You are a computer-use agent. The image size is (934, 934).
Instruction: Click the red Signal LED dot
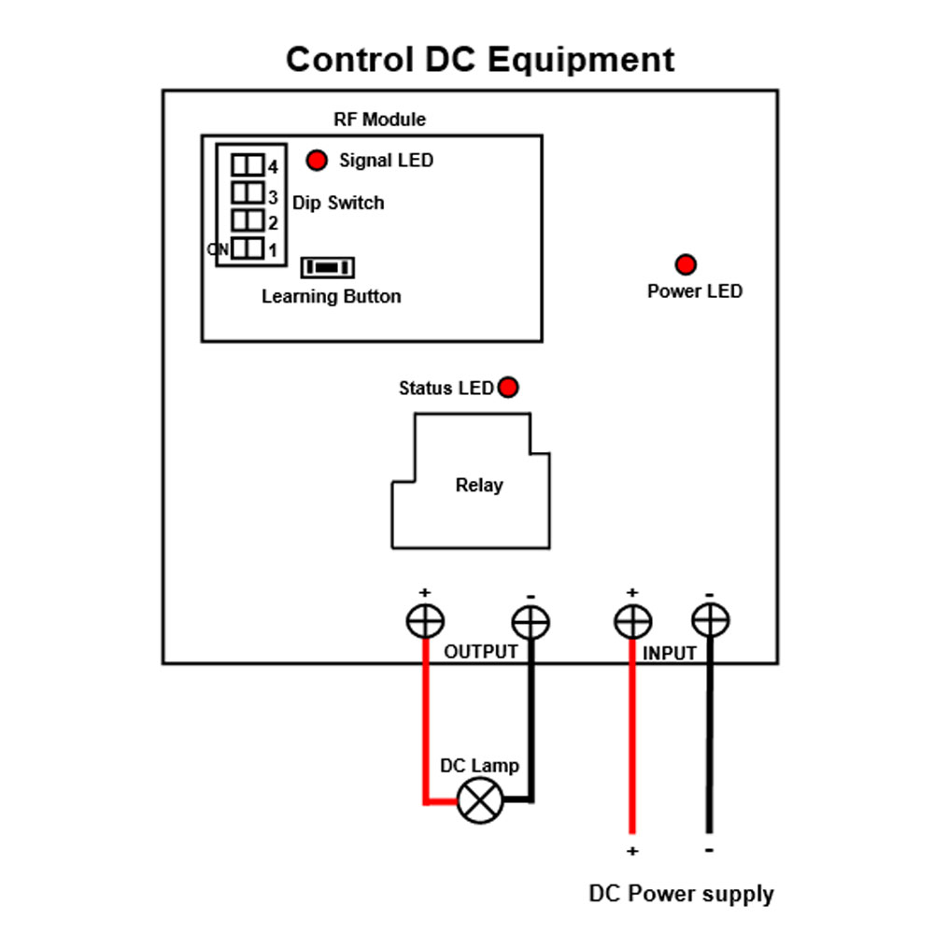point(317,160)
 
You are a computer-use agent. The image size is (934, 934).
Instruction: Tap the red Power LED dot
point(686,264)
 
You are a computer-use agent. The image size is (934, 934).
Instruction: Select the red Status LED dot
point(508,388)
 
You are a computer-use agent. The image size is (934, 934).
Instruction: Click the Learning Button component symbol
point(328,267)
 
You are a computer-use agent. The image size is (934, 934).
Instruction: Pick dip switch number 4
point(248,165)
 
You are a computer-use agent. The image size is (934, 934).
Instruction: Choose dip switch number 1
point(248,248)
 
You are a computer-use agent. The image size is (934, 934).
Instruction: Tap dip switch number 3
point(248,192)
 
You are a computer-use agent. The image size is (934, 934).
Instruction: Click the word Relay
point(479,485)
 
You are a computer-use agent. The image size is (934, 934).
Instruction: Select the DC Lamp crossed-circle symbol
point(480,800)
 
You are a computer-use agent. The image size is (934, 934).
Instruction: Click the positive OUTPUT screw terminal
point(425,621)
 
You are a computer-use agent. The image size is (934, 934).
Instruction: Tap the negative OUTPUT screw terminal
point(531,622)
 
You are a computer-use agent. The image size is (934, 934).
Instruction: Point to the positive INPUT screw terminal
point(632,621)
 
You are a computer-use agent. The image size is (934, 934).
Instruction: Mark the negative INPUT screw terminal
point(710,620)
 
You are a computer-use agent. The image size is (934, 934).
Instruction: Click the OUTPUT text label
point(481,652)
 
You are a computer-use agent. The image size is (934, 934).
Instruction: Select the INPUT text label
point(670,654)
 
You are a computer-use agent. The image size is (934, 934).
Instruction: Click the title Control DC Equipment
point(480,60)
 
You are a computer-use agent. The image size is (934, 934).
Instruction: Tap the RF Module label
point(379,120)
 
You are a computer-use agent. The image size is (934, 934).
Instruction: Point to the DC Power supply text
point(681,894)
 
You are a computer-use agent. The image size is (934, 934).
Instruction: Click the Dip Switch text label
point(338,203)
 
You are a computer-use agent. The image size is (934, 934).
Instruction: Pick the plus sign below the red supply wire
point(632,851)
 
